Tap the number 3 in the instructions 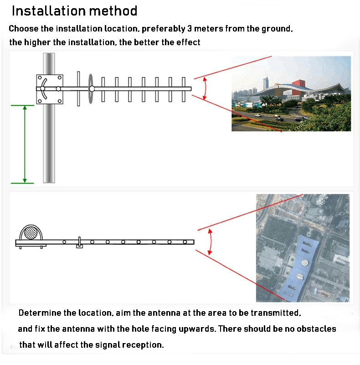point(190,28)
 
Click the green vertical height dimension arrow point(25,144)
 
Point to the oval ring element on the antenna point(91,89)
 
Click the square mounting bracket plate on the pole point(50,89)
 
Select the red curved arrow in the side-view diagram point(205,89)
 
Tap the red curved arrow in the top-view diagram point(210,242)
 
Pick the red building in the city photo point(299,84)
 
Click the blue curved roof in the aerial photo point(298,268)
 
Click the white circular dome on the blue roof point(305,263)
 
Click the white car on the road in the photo point(257,115)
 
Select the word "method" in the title point(113,10)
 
